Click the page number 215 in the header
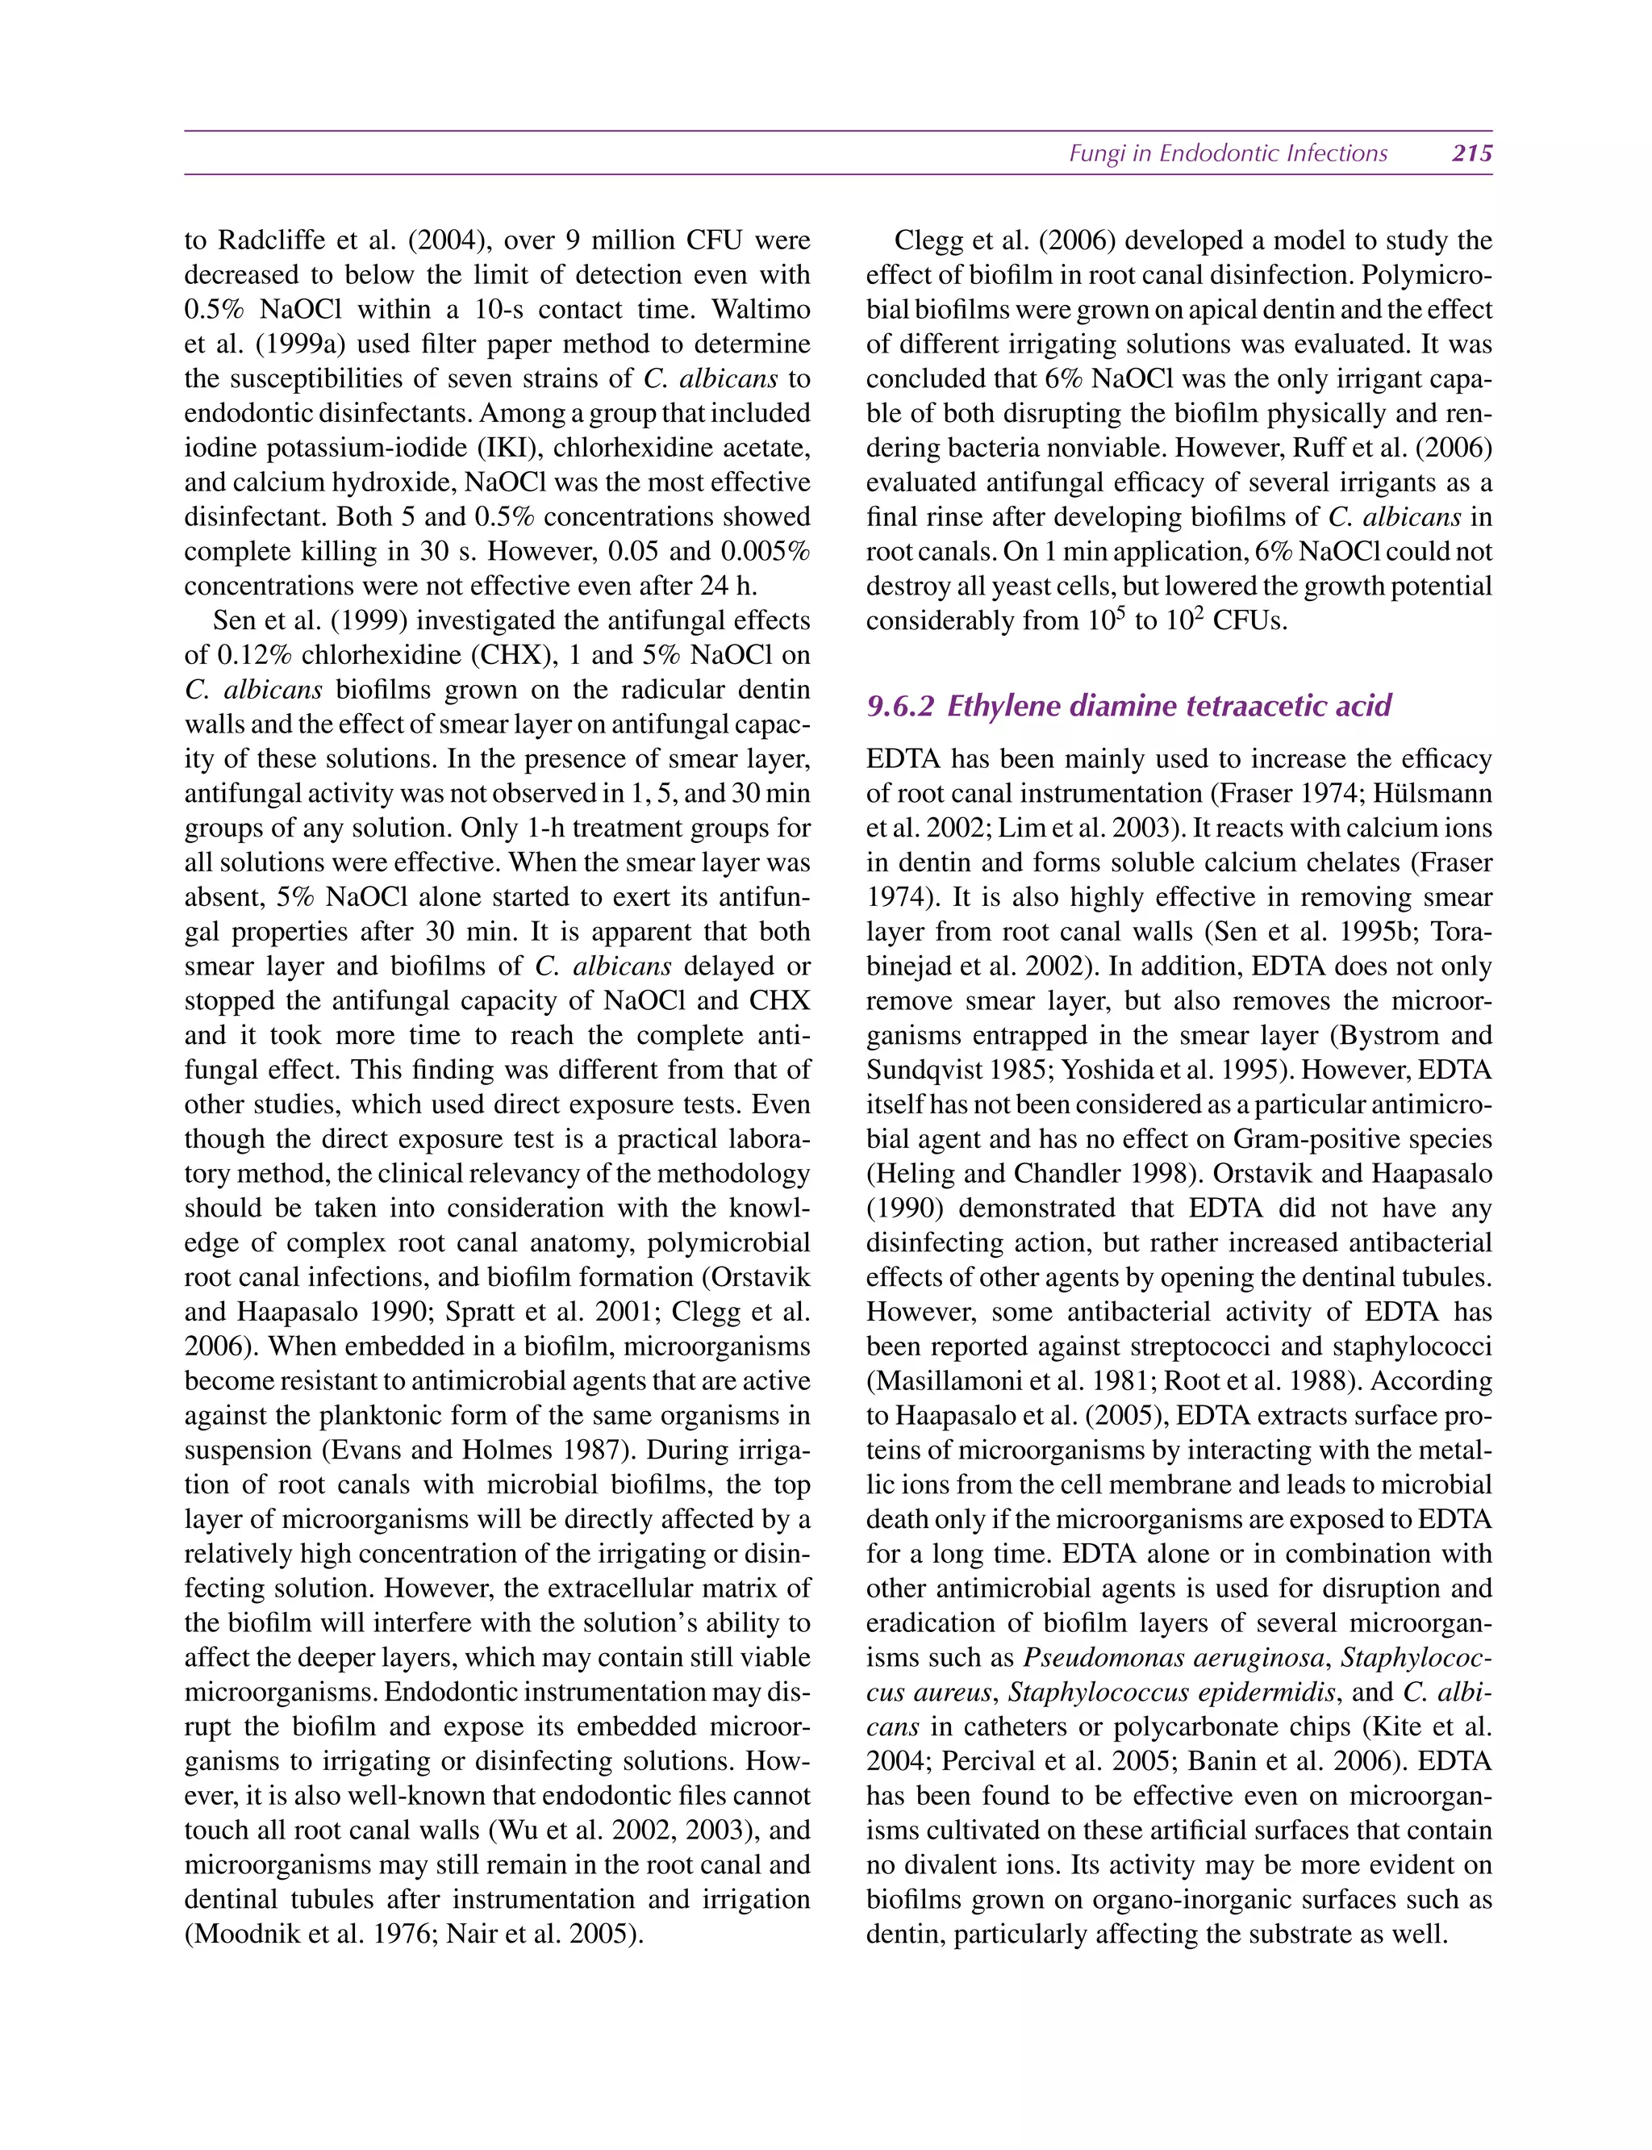[1472, 153]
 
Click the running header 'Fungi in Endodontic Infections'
[1229, 153]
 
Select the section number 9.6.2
[899, 706]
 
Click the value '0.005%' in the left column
[765, 552]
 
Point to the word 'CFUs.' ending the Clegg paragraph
[1249, 621]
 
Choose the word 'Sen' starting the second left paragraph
[234, 621]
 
